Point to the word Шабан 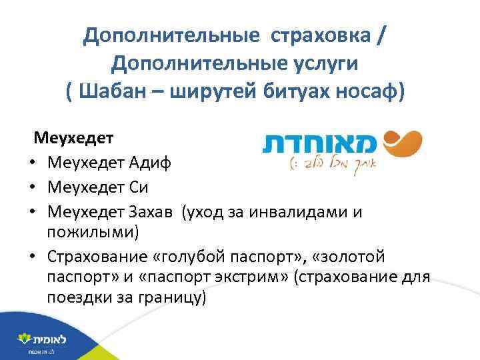coord(115,91)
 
